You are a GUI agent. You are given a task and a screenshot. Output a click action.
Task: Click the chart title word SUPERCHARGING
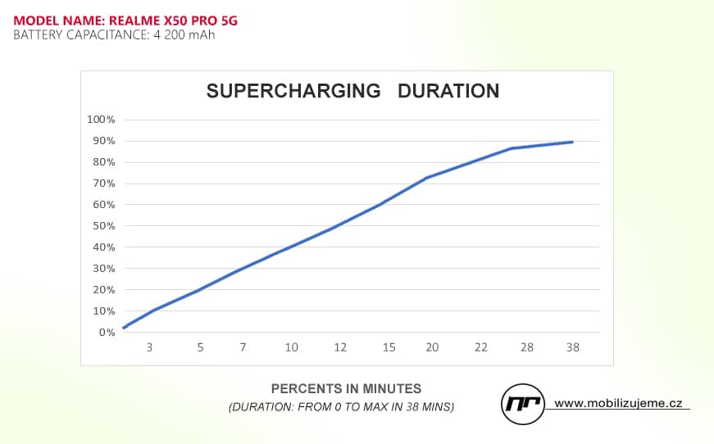[293, 90]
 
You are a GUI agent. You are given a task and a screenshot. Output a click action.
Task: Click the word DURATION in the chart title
[448, 90]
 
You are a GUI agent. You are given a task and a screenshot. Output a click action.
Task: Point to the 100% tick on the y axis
[102, 120]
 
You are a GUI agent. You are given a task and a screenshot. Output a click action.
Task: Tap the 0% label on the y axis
[107, 333]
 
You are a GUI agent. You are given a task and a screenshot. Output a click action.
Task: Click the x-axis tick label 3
[149, 347]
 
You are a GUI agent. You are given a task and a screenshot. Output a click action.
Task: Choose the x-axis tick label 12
[340, 347]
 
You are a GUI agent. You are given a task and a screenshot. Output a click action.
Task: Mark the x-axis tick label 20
[432, 347]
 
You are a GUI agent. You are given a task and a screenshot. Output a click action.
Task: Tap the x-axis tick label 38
[572, 347]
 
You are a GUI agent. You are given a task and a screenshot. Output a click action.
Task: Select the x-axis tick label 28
[527, 347]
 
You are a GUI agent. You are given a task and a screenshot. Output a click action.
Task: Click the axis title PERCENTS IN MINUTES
[346, 388]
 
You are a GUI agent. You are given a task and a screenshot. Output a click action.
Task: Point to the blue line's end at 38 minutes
[572, 142]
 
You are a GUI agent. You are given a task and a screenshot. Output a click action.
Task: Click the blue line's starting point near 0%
[124, 328]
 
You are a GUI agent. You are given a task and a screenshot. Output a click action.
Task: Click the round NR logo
[523, 403]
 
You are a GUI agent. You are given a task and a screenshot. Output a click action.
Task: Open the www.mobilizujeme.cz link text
[618, 403]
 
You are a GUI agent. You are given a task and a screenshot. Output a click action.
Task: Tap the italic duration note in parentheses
[341, 406]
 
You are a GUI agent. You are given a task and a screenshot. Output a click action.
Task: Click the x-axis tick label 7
[243, 347]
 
